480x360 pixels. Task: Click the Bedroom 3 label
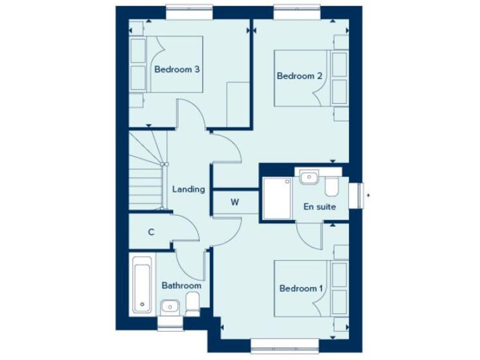click(177, 69)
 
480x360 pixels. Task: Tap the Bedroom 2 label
click(299, 76)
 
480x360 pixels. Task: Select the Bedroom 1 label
click(301, 289)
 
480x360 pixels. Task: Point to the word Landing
click(188, 189)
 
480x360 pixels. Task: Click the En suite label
click(319, 206)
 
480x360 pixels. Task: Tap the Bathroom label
click(181, 286)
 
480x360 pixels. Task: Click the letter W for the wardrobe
click(235, 202)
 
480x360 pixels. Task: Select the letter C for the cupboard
click(151, 232)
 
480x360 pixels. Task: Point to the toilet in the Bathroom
click(193, 306)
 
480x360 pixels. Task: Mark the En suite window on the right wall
click(357, 196)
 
